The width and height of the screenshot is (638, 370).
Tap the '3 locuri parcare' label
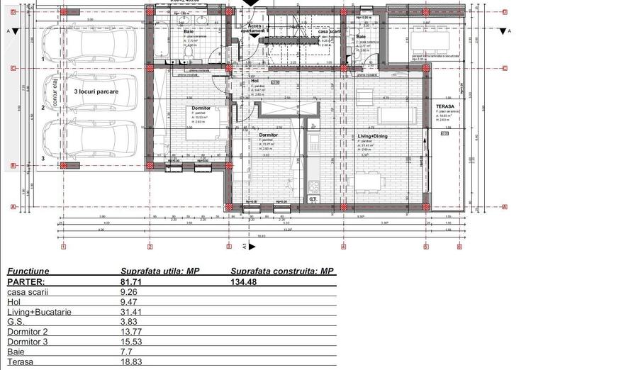96,92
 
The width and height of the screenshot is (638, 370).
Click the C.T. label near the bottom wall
313,200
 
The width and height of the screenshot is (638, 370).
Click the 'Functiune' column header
28,271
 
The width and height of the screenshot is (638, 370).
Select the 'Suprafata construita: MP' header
282,271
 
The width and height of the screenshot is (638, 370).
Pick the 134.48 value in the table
245,281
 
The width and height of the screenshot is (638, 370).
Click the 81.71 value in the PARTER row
132,281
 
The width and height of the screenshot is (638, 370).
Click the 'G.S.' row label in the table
16,321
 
